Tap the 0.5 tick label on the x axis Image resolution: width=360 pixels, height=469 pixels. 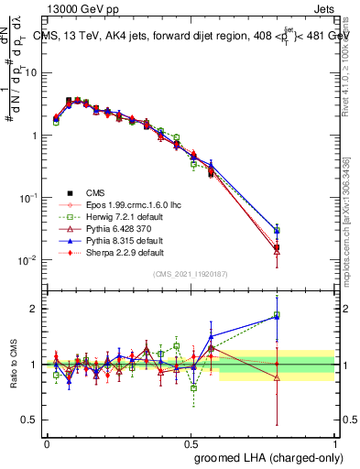(x=191, y=442)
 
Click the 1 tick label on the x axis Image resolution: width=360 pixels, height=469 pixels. (x=334, y=442)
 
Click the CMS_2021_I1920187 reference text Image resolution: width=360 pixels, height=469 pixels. (x=191, y=274)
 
